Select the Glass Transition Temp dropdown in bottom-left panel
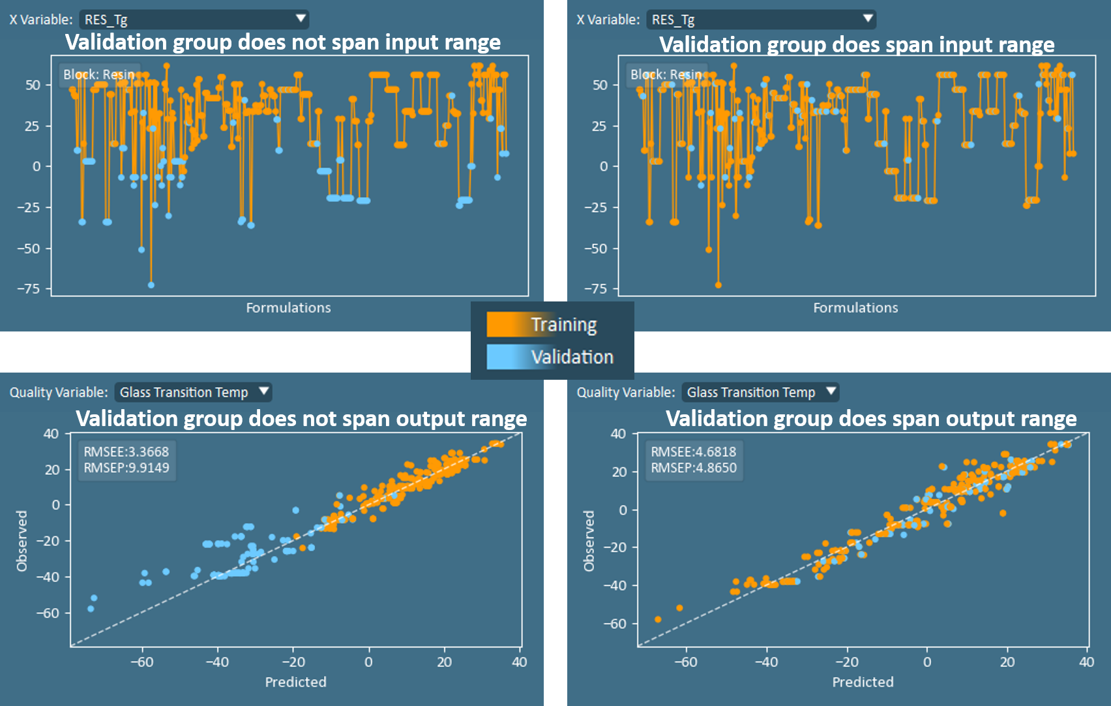click(x=193, y=392)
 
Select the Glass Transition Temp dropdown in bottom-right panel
click(x=760, y=392)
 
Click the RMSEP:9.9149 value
click(x=126, y=468)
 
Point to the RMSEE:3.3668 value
click(x=126, y=452)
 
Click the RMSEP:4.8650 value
click(x=694, y=468)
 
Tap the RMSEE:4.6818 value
click(x=694, y=452)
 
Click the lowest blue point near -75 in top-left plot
click(x=151, y=285)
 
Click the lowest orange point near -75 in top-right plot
click(x=718, y=285)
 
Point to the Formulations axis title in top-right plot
click(x=855, y=308)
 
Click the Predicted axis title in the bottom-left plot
click(x=295, y=682)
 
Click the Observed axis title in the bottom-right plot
click(x=589, y=541)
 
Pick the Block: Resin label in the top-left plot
click(x=99, y=74)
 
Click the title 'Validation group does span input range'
click(x=857, y=44)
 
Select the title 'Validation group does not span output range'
click(x=301, y=418)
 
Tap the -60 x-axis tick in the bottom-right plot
click(x=685, y=662)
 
